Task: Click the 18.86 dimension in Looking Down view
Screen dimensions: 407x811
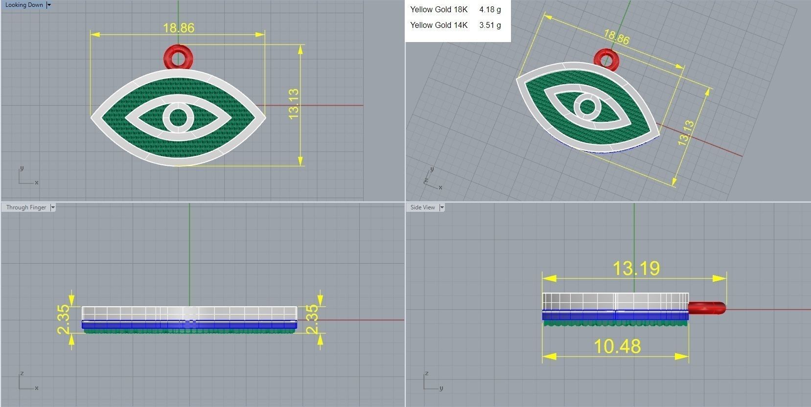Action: pyautogui.click(x=178, y=28)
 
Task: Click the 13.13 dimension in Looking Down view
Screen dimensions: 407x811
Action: pyautogui.click(x=294, y=104)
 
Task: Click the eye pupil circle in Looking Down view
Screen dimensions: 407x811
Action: pyautogui.click(x=178, y=117)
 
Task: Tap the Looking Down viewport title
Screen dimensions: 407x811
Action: pyautogui.click(x=24, y=5)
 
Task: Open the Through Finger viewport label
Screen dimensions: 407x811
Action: pyautogui.click(x=26, y=207)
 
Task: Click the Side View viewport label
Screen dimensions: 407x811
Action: pyautogui.click(x=422, y=207)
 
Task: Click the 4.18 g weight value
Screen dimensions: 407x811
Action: pyautogui.click(x=490, y=9)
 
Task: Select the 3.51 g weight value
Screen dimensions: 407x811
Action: pyautogui.click(x=490, y=25)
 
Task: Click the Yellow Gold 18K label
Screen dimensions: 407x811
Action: pyautogui.click(x=439, y=9)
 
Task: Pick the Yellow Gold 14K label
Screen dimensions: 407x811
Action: pyautogui.click(x=439, y=25)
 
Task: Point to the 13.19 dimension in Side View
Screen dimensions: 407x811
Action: pyautogui.click(x=636, y=268)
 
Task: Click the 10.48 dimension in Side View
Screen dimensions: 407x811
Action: pyautogui.click(x=617, y=346)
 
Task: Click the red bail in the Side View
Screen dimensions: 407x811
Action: pyautogui.click(x=707, y=308)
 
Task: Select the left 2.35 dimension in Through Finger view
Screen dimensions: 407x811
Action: pyautogui.click(x=64, y=319)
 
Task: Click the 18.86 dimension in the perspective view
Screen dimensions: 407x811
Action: pyautogui.click(x=616, y=37)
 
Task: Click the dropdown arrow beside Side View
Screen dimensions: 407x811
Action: pyautogui.click(x=442, y=207)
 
